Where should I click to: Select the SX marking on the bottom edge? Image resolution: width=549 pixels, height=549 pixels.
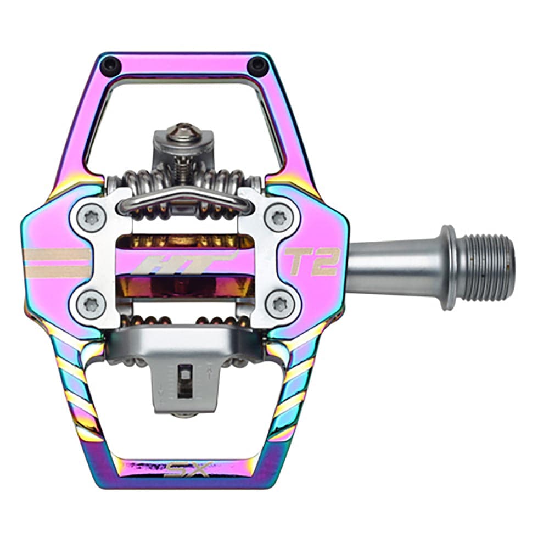coord(189,470)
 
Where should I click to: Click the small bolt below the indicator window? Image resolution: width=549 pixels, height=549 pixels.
coord(185,413)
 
